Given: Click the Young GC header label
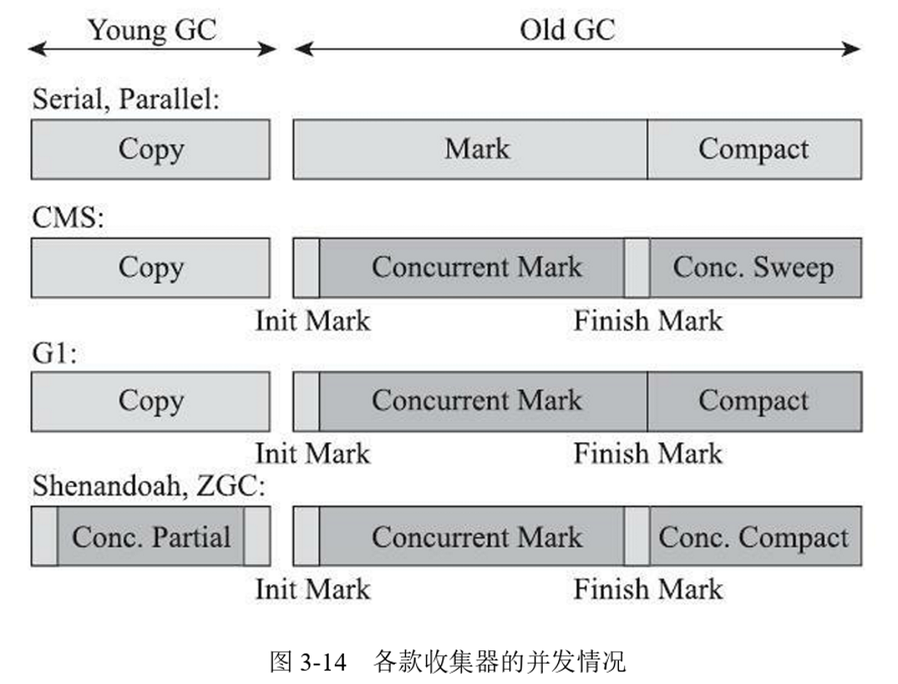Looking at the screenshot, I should tap(152, 30).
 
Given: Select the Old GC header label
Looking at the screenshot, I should tap(567, 30).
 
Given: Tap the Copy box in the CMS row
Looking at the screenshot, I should tap(151, 268).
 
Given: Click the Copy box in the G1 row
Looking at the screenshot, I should tap(151, 401).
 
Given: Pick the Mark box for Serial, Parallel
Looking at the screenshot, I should tap(477, 150).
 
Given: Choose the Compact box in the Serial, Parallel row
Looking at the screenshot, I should tap(753, 150).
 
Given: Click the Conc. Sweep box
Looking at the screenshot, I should tap(754, 268).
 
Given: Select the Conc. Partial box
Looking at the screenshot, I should tap(151, 537).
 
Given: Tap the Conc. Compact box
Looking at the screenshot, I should tap(754, 537).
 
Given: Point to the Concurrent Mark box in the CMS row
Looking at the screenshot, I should tap(477, 268).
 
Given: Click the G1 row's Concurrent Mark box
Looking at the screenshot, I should tap(477, 401).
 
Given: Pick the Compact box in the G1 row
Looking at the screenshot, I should tap(753, 401).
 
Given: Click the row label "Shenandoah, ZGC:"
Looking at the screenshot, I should tap(149, 487).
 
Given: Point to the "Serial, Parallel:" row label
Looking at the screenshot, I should tap(126, 100).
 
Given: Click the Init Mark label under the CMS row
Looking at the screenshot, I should tap(313, 321).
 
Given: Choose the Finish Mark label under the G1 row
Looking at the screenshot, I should tap(649, 453).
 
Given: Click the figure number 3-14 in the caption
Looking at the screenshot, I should tap(322, 661).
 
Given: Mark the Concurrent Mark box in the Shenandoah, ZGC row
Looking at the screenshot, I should tap(477, 537).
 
